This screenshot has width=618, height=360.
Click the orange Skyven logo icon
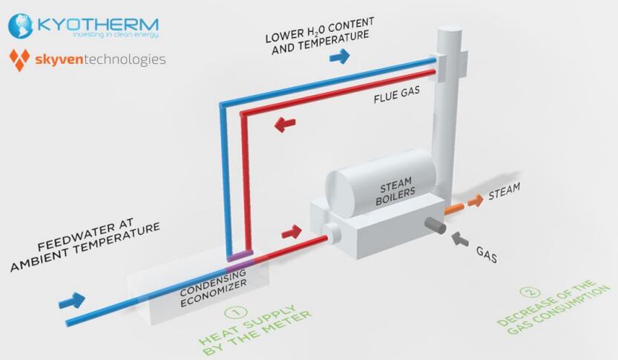19,59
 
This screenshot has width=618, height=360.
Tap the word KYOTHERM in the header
97,23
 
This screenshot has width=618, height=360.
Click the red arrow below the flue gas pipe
285,123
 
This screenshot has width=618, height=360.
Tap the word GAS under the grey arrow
487,257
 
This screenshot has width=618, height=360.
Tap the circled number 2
527,292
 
